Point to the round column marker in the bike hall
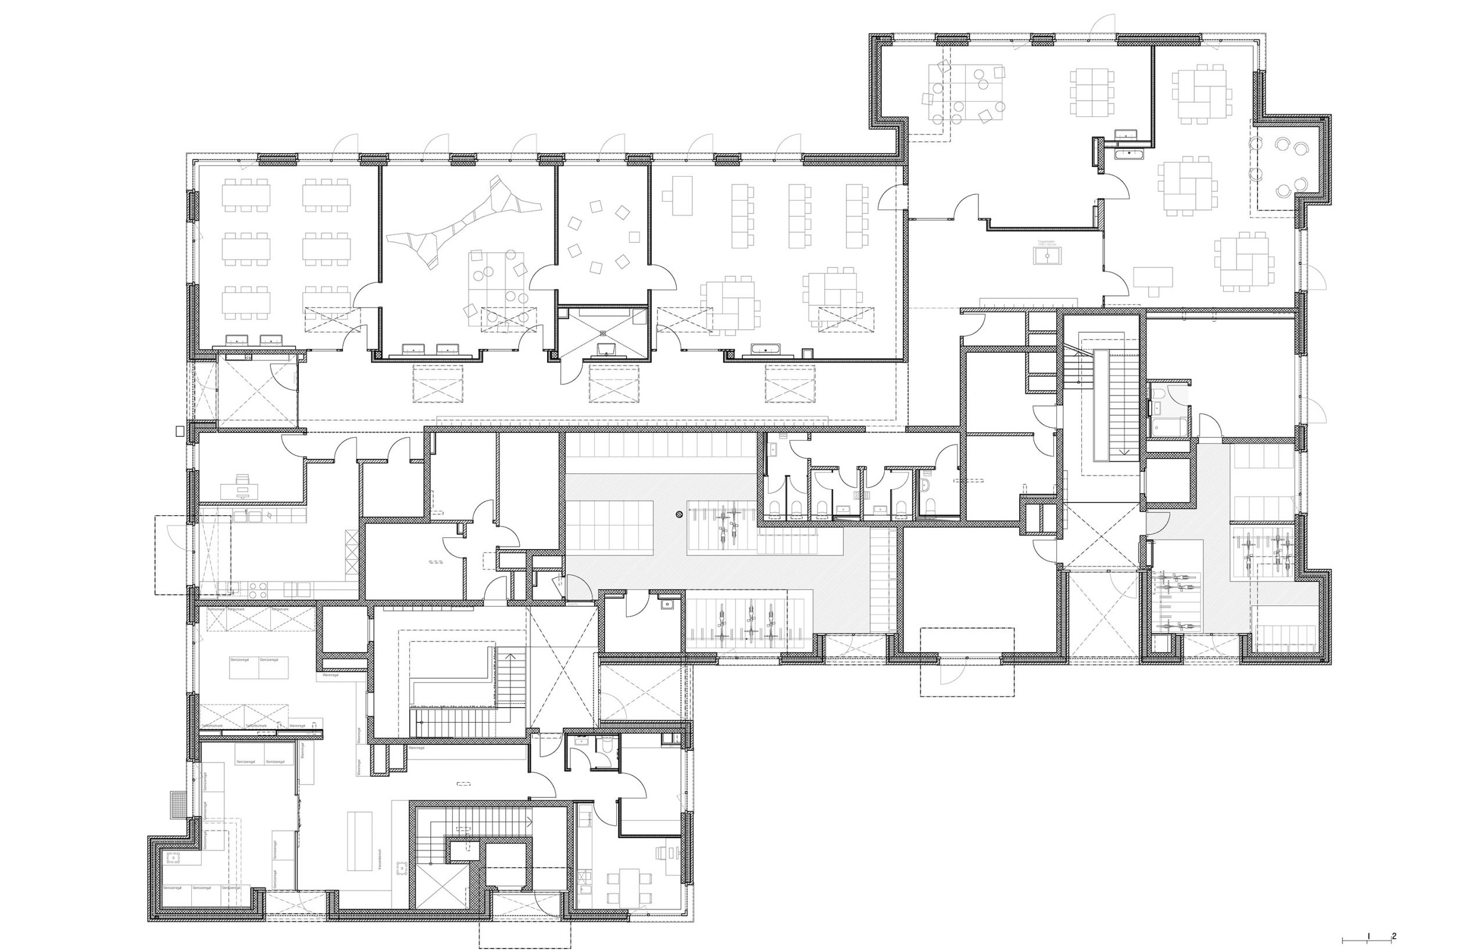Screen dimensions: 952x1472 [680, 513]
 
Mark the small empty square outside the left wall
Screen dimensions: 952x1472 [180, 432]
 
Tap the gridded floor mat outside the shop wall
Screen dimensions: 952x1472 [178, 804]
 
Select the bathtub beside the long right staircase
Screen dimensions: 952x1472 [1166, 426]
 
